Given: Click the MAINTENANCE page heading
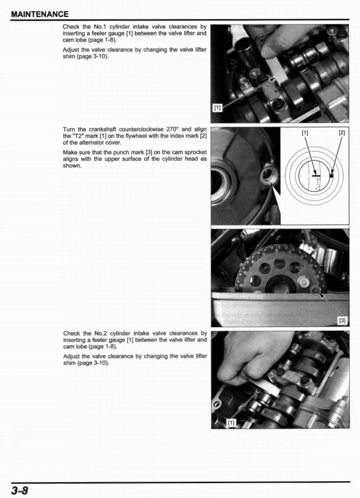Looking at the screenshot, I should (x=39, y=14).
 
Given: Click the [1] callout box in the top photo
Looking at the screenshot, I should (x=217, y=108).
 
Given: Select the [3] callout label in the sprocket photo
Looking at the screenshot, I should (x=342, y=320).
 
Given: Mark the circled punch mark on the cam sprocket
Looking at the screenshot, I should (x=315, y=290).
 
